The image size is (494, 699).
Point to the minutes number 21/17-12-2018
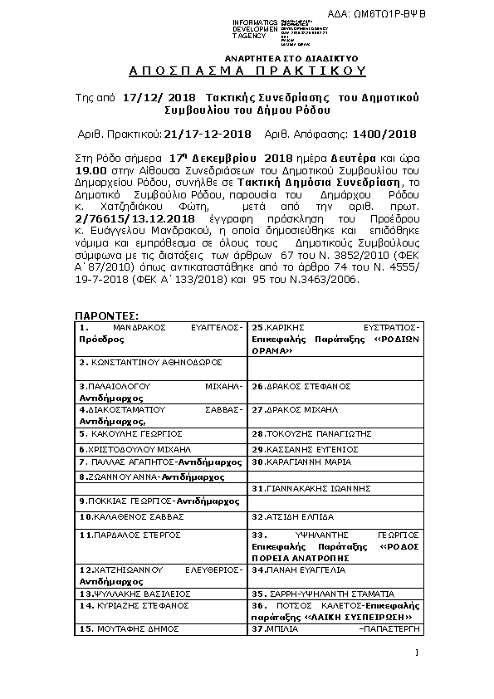pos(208,134)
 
